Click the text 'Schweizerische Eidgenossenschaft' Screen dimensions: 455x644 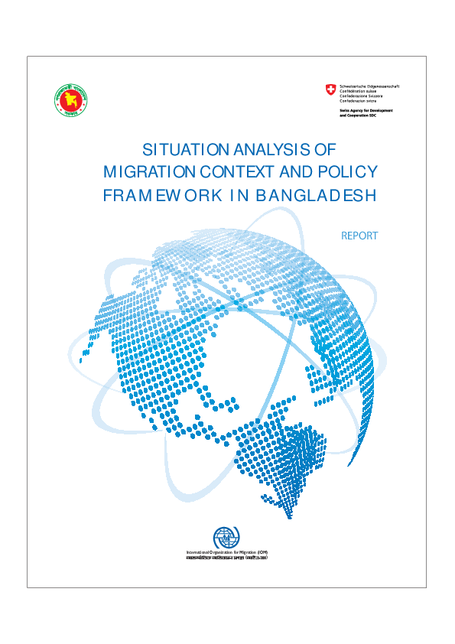click(x=369, y=86)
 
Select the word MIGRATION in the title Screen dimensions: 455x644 click(x=147, y=171)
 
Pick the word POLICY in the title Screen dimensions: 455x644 click(x=346, y=171)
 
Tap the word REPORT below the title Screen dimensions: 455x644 click(x=359, y=236)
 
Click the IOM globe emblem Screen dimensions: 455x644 click(x=227, y=538)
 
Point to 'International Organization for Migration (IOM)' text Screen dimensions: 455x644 click(x=227, y=552)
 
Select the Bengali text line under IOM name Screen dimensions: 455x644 click(x=227, y=558)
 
